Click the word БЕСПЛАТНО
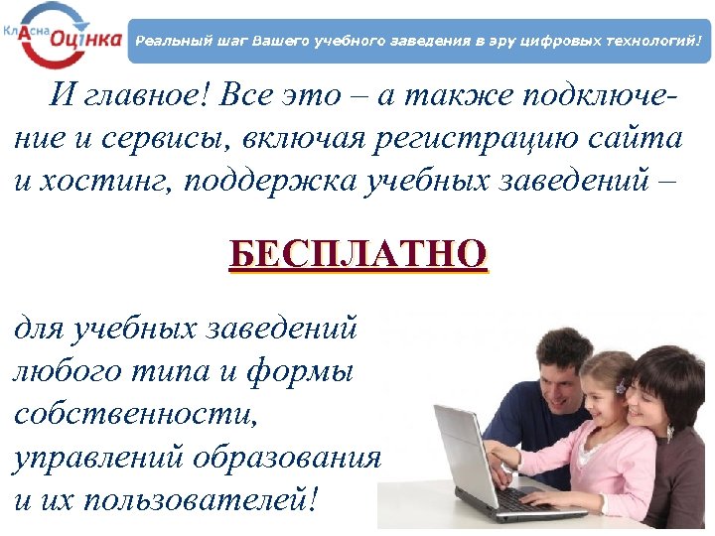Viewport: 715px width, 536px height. pyautogui.click(x=357, y=253)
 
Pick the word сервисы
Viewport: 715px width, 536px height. pyautogui.click(x=158, y=139)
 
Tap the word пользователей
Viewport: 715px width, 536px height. pyautogui.click(x=200, y=497)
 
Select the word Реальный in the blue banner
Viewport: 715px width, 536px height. pyautogui.click(x=168, y=42)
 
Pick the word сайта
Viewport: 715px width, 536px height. pyautogui.click(x=640, y=139)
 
